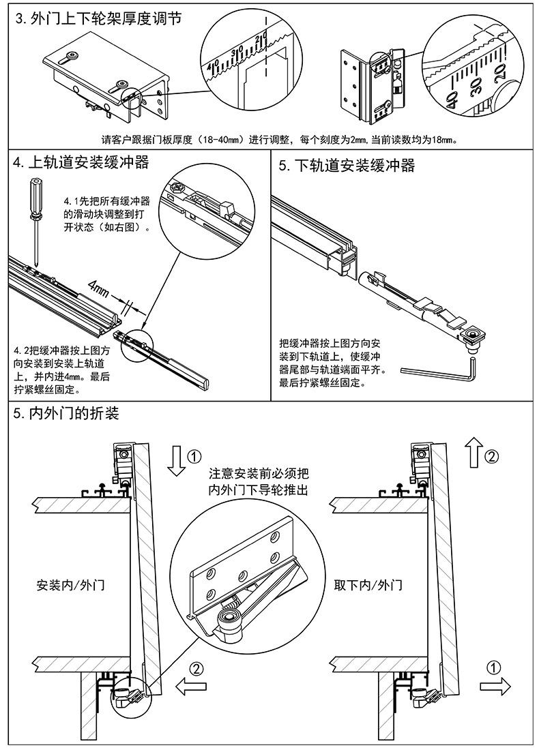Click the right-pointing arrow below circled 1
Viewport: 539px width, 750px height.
[x=495, y=685]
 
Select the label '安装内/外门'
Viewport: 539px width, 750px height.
[x=71, y=585]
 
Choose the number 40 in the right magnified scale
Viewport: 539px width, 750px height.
[x=452, y=102]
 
